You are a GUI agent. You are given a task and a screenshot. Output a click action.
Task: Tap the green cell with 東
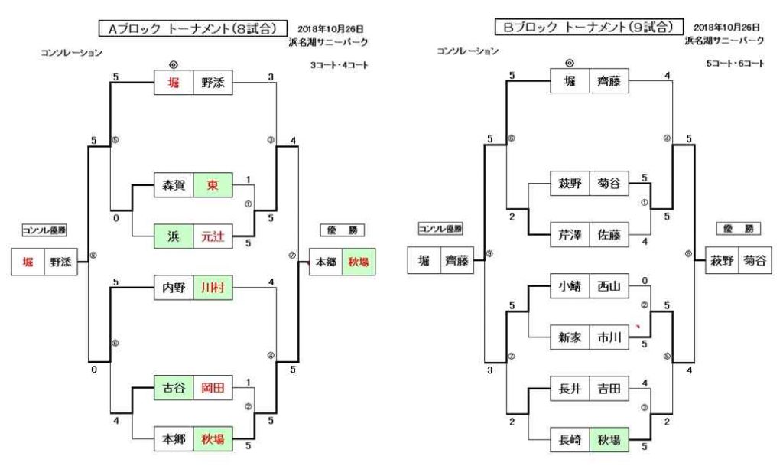pyautogui.click(x=213, y=185)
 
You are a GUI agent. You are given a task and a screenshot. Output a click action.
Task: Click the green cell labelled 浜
pyautogui.click(x=174, y=236)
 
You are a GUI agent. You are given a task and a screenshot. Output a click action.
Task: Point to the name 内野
pyautogui.click(x=174, y=288)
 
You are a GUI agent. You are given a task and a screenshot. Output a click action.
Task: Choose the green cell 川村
pyautogui.click(x=213, y=288)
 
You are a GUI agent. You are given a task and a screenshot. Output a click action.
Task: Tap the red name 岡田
pyautogui.click(x=213, y=389)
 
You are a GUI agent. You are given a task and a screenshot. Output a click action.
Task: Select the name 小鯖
pyautogui.click(x=570, y=288)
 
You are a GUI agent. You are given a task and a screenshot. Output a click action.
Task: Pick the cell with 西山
pyautogui.click(x=609, y=288)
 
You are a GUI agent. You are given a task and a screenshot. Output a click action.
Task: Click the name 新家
pyautogui.click(x=570, y=337)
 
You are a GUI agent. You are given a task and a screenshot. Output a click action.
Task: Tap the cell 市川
pyautogui.click(x=609, y=337)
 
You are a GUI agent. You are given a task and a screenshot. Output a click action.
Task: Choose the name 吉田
pyautogui.click(x=609, y=389)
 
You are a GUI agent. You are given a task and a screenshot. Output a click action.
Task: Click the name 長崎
pyautogui.click(x=570, y=440)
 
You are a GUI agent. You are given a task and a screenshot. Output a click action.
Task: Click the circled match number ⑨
pyautogui.click(x=490, y=253)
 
